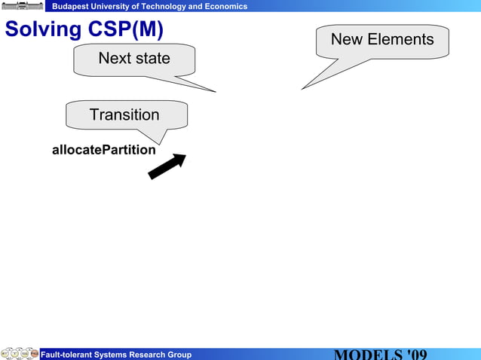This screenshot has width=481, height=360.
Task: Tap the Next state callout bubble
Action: coord(134,59)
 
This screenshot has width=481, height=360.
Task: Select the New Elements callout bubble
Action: coord(382,40)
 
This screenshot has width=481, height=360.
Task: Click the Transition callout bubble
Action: coord(125,115)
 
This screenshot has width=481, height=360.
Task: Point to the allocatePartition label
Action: coord(104,150)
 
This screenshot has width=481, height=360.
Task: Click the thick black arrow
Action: coord(167,166)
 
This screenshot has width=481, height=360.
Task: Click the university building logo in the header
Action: coord(23,6)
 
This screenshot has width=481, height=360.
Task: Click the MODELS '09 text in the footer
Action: coord(381,354)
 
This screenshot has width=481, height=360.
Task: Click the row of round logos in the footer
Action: coord(20,354)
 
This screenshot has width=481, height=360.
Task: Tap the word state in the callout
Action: coord(153,59)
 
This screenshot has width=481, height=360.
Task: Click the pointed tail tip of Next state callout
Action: coord(215,91)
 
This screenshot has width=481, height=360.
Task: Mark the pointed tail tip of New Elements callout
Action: coord(303,88)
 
